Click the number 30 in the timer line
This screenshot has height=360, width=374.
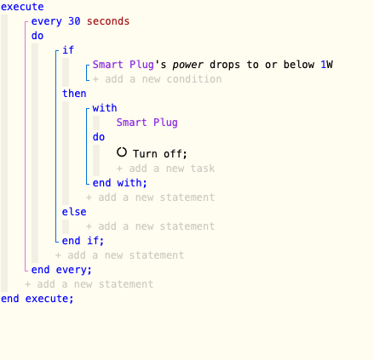(x=74, y=21)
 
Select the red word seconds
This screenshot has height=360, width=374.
(x=108, y=21)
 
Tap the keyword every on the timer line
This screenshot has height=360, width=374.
(x=46, y=21)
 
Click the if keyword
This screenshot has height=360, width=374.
(x=68, y=50)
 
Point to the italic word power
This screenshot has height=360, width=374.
(x=187, y=65)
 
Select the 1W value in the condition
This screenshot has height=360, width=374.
(x=326, y=65)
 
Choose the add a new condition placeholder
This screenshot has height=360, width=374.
(x=158, y=79)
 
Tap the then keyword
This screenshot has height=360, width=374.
(x=74, y=94)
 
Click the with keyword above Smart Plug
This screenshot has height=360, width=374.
(x=105, y=108)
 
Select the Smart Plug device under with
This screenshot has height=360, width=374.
(x=147, y=123)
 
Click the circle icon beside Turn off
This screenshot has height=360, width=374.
(x=122, y=152)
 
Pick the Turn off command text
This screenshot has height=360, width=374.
(x=160, y=154)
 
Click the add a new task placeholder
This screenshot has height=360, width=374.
(x=165, y=169)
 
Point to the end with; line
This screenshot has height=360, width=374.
(x=120, y=183)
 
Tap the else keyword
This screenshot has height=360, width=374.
(x=74, y=212)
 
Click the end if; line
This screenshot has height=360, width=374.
(x=83, y=241)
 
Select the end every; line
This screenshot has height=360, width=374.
(x=61, y=270)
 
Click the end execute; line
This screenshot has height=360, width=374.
(x=37, y=299)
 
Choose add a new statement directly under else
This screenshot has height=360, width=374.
(x=150, y=226)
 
